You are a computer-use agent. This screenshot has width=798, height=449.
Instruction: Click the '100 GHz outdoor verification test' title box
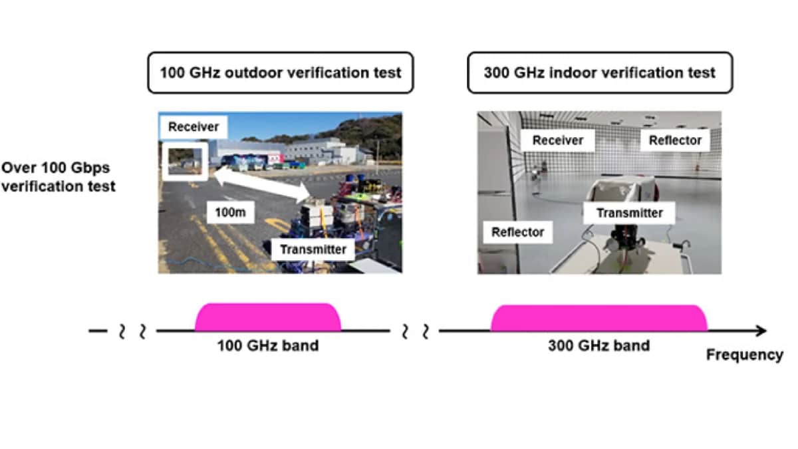pos(281,73)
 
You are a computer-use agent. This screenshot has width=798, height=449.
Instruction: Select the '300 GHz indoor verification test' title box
pos(600,73)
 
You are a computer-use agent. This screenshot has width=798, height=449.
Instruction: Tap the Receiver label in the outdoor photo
pos(194,126)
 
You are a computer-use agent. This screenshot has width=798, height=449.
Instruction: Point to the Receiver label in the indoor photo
pos(557,140)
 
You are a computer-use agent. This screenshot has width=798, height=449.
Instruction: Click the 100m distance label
pos(231,212)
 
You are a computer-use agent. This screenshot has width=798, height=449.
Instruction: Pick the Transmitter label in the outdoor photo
pos(313,249)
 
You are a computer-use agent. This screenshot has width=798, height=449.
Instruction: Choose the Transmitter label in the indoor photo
pos(630,213)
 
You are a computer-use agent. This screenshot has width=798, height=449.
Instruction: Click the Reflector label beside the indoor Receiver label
pos(675,140)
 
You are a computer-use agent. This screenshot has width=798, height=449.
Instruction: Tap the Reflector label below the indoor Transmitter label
pos(517,232)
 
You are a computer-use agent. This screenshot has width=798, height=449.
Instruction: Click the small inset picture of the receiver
pos(185,162)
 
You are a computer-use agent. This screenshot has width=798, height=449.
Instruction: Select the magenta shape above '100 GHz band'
pos(268,317)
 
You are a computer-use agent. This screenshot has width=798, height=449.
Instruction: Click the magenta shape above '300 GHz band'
pos(599,318)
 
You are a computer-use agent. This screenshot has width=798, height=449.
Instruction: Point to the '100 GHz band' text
pos(268,346)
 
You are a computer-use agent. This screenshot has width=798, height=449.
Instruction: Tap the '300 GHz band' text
pos(599,346)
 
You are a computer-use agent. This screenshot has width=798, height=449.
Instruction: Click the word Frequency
pos(745,355)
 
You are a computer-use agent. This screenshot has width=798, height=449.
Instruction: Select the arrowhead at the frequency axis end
pos(761,331)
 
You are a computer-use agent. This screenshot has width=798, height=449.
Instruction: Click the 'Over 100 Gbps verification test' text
pos(58,177)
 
